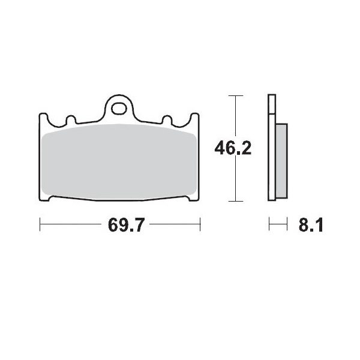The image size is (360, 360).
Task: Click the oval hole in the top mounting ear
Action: pyautogui.click(x=121, y=109)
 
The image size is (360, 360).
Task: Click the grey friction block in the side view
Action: pyautogui.click(x=281, y=161)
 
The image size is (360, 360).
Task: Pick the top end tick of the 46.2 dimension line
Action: pyautogui.click(x=236, y=95)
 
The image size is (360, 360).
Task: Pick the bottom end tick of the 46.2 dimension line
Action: pyautogui.click(x=236, y=200)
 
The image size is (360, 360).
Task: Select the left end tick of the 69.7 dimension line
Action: pyautogui.click(x=40, y=226)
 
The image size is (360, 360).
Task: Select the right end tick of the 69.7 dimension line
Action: pyautogui.click(x=200, y=226)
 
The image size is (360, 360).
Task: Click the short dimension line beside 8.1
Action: pyautogui.click(x=277, y=226)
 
